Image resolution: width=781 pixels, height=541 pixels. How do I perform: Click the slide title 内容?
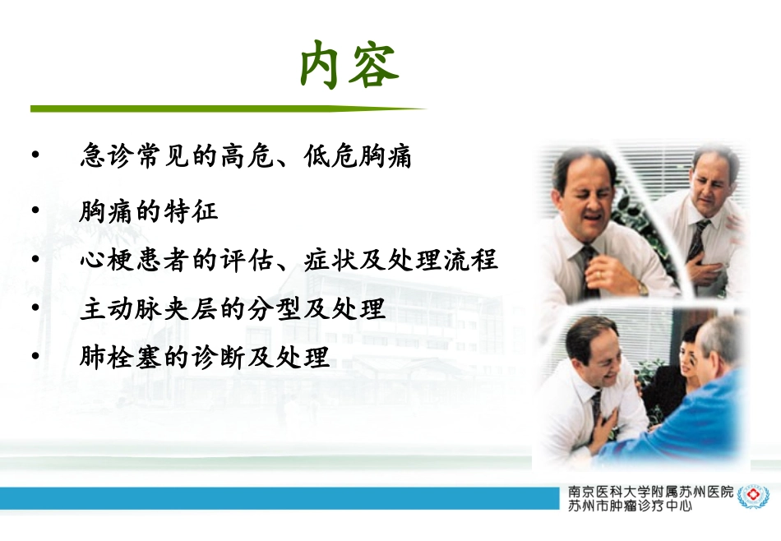pyautogui.click(x=349, y=65)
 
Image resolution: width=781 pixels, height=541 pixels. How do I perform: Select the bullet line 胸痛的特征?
pyautogui.click(x=149, y=212)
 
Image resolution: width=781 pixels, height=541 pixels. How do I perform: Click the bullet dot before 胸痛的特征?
pyautogui.click(x=35, y=211)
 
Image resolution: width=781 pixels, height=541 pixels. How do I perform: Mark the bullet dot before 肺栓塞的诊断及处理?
pyautogui.click(x=35, y=357)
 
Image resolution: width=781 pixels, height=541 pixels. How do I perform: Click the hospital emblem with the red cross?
pyautogui.click(x=750, y=497)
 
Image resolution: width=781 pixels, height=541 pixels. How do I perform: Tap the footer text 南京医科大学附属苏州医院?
pyautogui.click(x=650, y=491)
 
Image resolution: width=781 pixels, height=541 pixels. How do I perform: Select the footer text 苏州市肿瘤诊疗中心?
pyautogui.click(x=630, y=506)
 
